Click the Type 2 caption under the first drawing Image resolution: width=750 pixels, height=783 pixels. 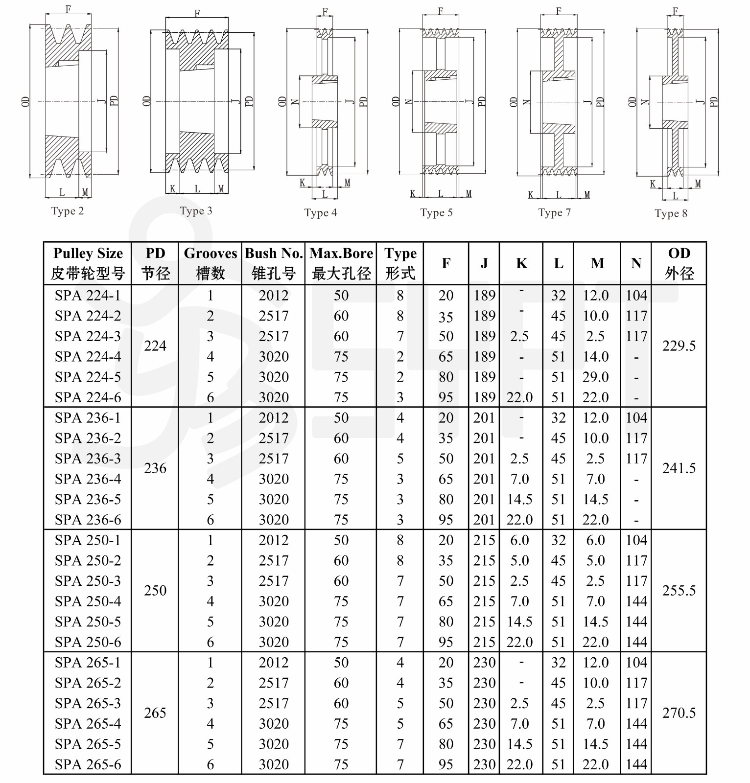(x=67, y=211)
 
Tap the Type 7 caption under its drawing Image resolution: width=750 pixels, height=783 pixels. (x=554, y=212)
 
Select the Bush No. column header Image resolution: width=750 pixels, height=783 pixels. (x=274, y=263)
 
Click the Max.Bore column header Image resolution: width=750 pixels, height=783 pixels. (x=341, y=263)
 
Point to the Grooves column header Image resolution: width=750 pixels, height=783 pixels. (x=210, y=263)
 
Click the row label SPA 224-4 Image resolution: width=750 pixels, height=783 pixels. (x=88, y=357)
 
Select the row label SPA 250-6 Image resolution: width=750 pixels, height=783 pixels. (x=88, y=642)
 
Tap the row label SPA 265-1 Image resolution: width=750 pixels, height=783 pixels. (x=88, y=663)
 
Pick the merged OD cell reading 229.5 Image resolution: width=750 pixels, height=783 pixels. (x=679, y=346)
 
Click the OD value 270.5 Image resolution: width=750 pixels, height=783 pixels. (x=679, y=713)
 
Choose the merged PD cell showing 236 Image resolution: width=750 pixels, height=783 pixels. (x=155, y=468)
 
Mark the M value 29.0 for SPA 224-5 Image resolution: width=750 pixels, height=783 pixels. (x=595, y=377)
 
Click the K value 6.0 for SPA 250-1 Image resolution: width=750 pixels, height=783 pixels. (x=519, y=540)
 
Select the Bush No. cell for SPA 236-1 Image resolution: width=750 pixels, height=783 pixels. (x=274, y=418)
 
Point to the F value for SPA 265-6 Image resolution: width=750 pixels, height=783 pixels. (x=445, y=764)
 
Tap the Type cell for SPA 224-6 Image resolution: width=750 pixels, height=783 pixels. (x=400, y=397)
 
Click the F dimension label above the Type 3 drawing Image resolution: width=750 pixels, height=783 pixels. (x=197, y=13)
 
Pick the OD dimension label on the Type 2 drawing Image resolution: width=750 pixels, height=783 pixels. (x=25, y=101)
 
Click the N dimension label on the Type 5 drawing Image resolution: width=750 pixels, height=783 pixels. (x=409, y=102)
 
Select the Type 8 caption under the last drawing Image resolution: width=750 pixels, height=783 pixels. (x=671, y=213)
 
